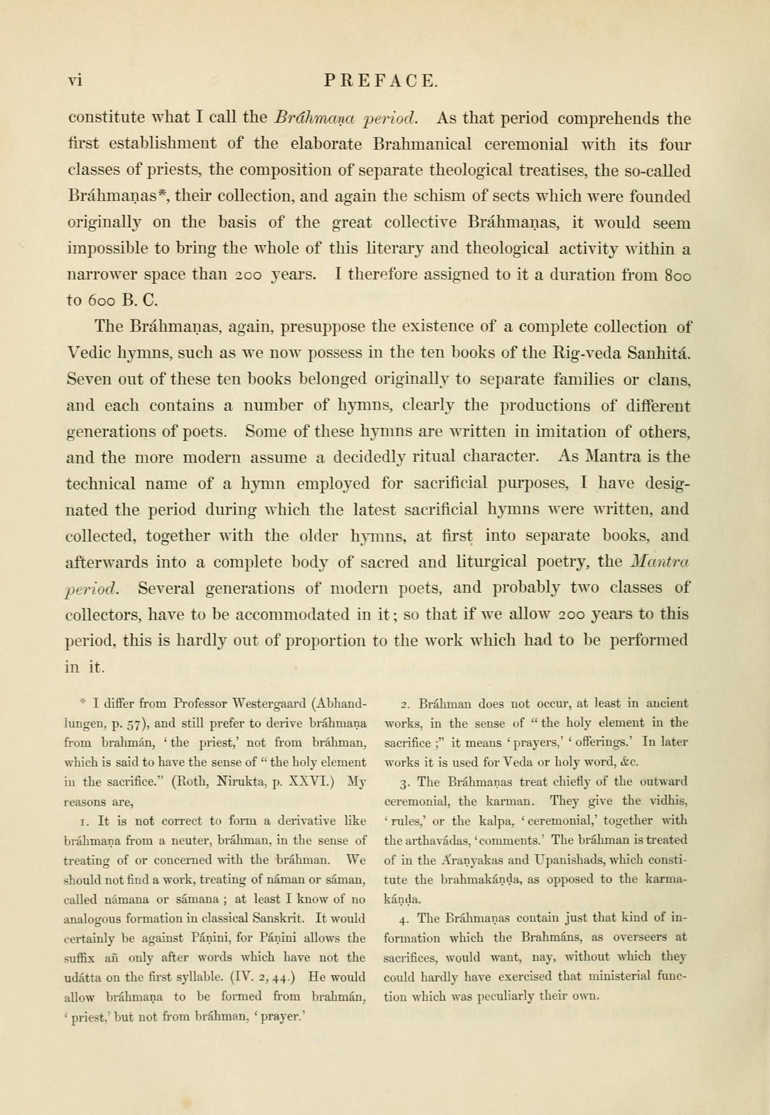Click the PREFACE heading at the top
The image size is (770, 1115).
coord(381,80)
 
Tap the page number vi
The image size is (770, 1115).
coord(75,80)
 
